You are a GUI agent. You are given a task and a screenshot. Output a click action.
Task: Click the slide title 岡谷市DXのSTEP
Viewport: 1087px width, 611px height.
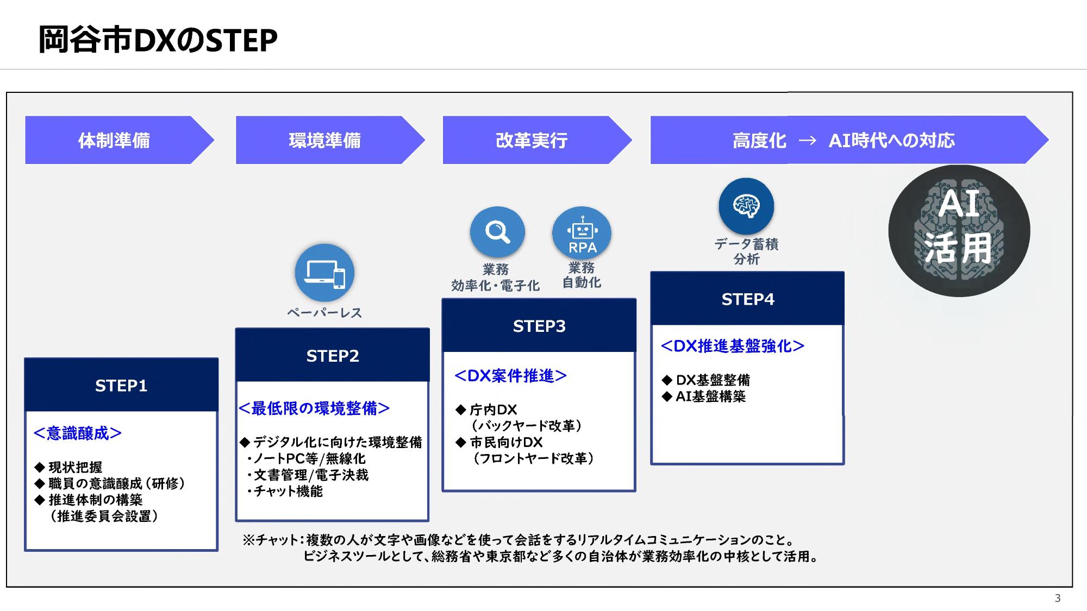click(158, 40)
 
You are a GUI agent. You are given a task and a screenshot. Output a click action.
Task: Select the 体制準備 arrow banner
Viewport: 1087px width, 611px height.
click(114, 140)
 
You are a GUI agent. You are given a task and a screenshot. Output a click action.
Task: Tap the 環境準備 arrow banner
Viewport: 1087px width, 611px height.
click(325, 140)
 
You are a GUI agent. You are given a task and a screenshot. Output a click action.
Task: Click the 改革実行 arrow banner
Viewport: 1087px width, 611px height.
click(532, 140)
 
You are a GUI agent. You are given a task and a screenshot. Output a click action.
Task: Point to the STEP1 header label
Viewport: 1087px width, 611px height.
click(121, 386)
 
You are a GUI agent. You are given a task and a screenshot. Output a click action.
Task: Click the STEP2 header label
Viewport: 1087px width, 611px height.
click(333, 356)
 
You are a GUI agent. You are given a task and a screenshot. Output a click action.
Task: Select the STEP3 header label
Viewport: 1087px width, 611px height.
click(539, 326)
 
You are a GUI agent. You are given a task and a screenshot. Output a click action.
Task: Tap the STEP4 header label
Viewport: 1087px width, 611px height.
click(748, 299)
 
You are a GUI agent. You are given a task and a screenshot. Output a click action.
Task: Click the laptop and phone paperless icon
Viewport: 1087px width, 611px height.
click(324, 273)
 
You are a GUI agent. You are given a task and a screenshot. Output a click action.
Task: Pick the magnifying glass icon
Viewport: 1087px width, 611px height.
click(497, 232)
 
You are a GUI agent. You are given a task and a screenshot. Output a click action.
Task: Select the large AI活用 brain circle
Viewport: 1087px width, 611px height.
click(959, 231)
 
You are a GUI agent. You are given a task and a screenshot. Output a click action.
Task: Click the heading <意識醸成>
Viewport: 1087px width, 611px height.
click(78, 433)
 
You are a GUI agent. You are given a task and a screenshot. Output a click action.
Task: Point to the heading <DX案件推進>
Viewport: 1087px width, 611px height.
click(510, 376)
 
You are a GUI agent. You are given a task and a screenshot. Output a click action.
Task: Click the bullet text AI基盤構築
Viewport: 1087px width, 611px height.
click(710, 396)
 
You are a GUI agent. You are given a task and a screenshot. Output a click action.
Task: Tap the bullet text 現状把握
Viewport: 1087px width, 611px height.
click(75, 467)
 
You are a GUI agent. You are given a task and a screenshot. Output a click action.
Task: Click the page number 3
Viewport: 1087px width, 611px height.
click(1058, 598)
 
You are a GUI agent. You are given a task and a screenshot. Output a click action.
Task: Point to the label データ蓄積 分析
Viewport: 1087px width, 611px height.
click(746, 251)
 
